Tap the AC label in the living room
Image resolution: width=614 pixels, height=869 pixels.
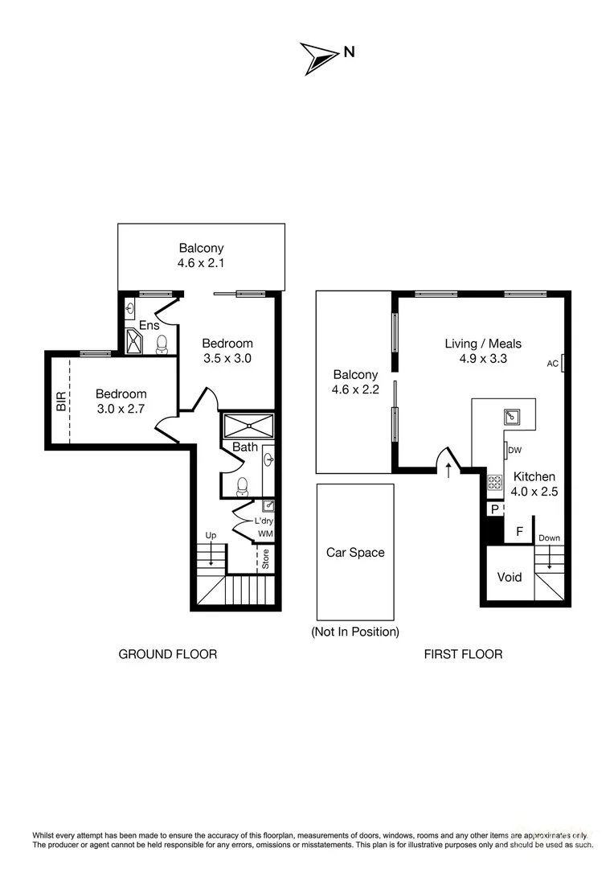pyautogui.click(x=553, y=364)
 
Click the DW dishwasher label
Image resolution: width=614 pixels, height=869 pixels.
pyautogui.click(x=514, y=451)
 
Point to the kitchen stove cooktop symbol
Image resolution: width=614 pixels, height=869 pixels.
pyautogui.click(x=494, y=483)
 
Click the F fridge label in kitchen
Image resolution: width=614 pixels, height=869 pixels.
pyautogui.click(x=519, y=531)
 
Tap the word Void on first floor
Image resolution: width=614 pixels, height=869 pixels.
pyautogui.click(x=510, y=577)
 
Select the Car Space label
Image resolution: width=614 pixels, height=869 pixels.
pyautogui.click(x=355, y=553)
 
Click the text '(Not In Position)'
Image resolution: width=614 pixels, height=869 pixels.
pyautogui.click(x=355, y=632)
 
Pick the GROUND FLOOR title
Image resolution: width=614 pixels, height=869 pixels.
pyautogui.click(x=167, y=654)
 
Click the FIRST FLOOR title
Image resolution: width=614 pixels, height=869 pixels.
pyautogui.click(x=463, y=654)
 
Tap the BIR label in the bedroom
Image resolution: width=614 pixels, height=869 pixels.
pyautogui.click(x=61, y=402)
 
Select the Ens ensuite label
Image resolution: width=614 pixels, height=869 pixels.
pyautogui.click(x=149, y=326)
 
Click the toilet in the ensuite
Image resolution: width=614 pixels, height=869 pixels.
pyautogui.click(x=162, y=344)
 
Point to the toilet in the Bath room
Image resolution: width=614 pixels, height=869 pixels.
pyautogui.click(x=242, y=486)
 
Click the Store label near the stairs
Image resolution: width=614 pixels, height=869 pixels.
pyautogui.click(x=266, y=559)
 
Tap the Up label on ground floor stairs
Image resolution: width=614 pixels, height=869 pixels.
pyautogui.click(x=211, y=535)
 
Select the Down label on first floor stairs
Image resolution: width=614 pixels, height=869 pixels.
pyautogui.click(x=550, y=538)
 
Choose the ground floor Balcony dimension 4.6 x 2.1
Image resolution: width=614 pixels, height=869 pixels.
pyautogui.click(x=201, y=262)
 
